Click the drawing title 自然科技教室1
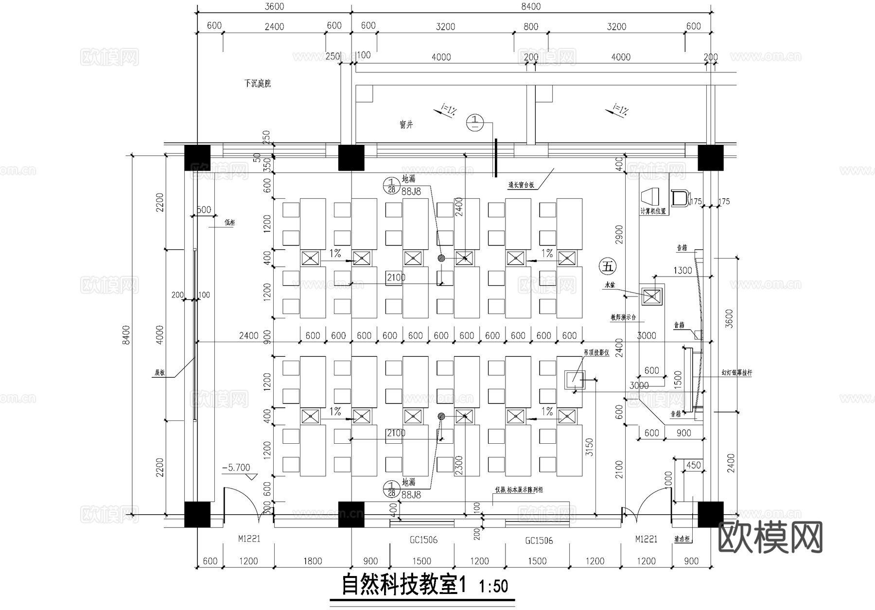pos(403,585)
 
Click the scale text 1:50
pos(493,586)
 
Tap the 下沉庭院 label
pos(258,84)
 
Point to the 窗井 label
pos(406,125)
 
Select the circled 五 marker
pos(608,266)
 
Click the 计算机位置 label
pos(653,211)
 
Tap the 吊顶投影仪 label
pos(596,353)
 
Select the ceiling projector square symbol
pos(574,380)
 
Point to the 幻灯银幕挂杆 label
pos(736,373)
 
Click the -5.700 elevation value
pos(236,468)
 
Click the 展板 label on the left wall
pos(159,373)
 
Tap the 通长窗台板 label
pos(521,185)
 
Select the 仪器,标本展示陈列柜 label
pos(519,490)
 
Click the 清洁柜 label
pos(682,539)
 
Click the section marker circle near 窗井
pos(475,122)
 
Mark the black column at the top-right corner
pos(710,157)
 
